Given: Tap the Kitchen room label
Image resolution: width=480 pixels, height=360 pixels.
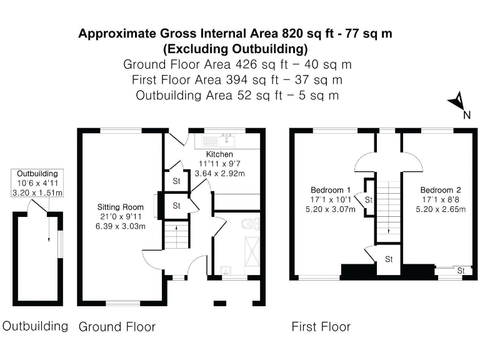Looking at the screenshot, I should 219,154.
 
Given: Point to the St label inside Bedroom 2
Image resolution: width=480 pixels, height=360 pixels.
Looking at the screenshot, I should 461,271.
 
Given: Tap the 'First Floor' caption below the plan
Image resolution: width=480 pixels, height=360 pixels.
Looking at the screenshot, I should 321,327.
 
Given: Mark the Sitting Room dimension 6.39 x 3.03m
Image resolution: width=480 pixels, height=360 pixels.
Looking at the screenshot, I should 121,226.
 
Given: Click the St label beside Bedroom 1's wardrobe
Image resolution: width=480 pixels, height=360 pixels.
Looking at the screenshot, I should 368,200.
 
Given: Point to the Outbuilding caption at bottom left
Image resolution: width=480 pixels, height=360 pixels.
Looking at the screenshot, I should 35,326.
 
